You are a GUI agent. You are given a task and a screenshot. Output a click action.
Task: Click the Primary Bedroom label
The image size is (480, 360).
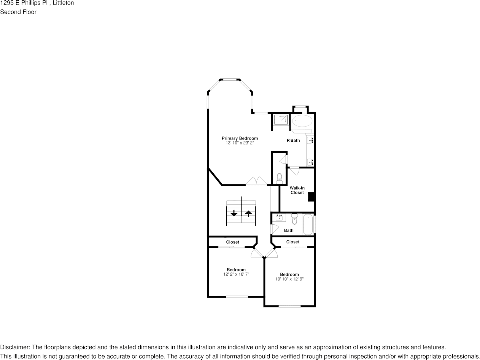coord(240,138)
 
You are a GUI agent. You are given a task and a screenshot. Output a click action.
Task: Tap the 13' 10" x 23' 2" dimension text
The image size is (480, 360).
coord(240,143)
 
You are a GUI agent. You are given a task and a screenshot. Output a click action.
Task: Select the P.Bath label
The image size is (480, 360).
coord(293,141)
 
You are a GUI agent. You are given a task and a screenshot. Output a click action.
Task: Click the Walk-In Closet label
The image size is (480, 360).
coord(297,190)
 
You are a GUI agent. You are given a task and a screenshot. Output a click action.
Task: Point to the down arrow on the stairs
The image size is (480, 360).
coord(234,214)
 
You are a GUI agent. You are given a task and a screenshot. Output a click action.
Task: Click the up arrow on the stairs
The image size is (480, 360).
coord(248,214)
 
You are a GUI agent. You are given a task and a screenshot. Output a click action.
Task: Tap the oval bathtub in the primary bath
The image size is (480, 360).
coord(302,121)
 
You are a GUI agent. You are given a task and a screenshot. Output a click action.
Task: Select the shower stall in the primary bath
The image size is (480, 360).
coord(281,119)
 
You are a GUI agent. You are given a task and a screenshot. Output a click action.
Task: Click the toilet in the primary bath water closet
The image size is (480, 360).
coord(279,178)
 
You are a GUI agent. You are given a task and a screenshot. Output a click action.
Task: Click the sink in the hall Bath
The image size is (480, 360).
coord(280,217)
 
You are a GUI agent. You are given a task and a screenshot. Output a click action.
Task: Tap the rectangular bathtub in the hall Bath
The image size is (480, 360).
coord(308,225)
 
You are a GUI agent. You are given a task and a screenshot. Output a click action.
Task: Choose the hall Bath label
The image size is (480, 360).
coord(289,230)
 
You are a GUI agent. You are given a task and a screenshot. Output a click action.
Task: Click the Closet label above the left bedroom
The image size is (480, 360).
coord(233,242)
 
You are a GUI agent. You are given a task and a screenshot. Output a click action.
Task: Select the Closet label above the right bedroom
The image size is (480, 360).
coord(293,242)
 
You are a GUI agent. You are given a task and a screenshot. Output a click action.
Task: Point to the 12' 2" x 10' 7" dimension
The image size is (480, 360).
coord(236,274)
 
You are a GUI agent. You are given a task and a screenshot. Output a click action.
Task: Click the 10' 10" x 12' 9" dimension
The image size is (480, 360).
coord(289,279)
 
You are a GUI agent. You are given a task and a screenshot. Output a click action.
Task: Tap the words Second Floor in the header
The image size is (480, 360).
coord(18,12)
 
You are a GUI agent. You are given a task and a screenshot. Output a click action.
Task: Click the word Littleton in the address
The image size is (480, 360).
coord(63,3)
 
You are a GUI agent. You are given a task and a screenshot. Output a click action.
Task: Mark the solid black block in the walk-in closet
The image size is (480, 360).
coord(311,197)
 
